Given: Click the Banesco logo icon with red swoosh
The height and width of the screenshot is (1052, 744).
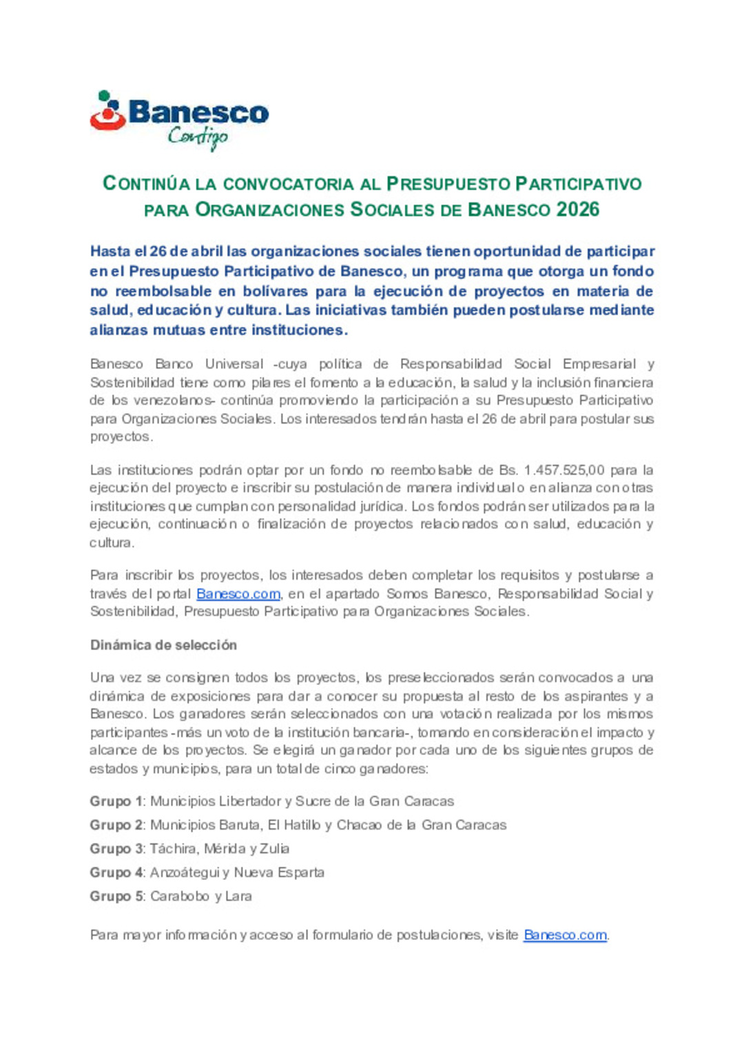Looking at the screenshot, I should [108, 112].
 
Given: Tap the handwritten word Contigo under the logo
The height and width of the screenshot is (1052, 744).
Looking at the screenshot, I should [198, 137].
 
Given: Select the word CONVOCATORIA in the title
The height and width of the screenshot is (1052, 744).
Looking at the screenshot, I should [288, 184].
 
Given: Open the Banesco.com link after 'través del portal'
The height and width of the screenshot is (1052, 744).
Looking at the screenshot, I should [238, 593].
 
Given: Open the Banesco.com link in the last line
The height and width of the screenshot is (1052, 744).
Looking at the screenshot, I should [565, 935].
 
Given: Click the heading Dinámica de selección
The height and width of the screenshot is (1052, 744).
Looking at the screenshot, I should [163, 645].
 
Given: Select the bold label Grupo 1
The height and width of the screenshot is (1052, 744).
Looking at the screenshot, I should [116, 801].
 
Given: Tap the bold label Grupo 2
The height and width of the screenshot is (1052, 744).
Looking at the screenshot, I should [116, 825].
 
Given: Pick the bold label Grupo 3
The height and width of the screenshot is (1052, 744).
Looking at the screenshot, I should [116, 849].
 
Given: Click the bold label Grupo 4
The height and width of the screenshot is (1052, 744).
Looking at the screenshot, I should [116, 872].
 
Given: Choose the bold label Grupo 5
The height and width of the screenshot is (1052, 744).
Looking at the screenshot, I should [116, 896].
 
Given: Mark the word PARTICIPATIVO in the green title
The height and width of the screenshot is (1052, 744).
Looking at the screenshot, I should [579, 184].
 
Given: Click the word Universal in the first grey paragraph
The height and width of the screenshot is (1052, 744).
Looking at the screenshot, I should [234, 364].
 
